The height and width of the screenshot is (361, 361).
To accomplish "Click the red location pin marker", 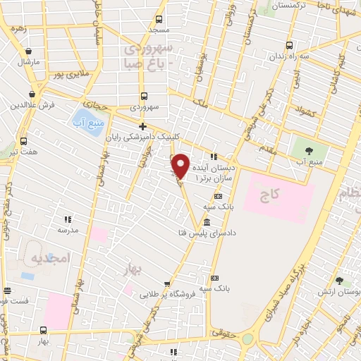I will (180, 166).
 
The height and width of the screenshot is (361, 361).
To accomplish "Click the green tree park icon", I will (307, 149).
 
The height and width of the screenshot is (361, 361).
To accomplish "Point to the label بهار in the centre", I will (147, 269).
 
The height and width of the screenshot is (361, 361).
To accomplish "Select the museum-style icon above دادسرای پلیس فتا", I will (206, 221).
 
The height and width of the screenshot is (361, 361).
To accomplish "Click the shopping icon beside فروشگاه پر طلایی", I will (167, 284).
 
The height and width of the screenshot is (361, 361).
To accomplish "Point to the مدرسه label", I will (68, 231).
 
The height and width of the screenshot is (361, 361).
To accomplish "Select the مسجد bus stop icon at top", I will (159, 20).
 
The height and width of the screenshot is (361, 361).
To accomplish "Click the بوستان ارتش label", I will (343, 291).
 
